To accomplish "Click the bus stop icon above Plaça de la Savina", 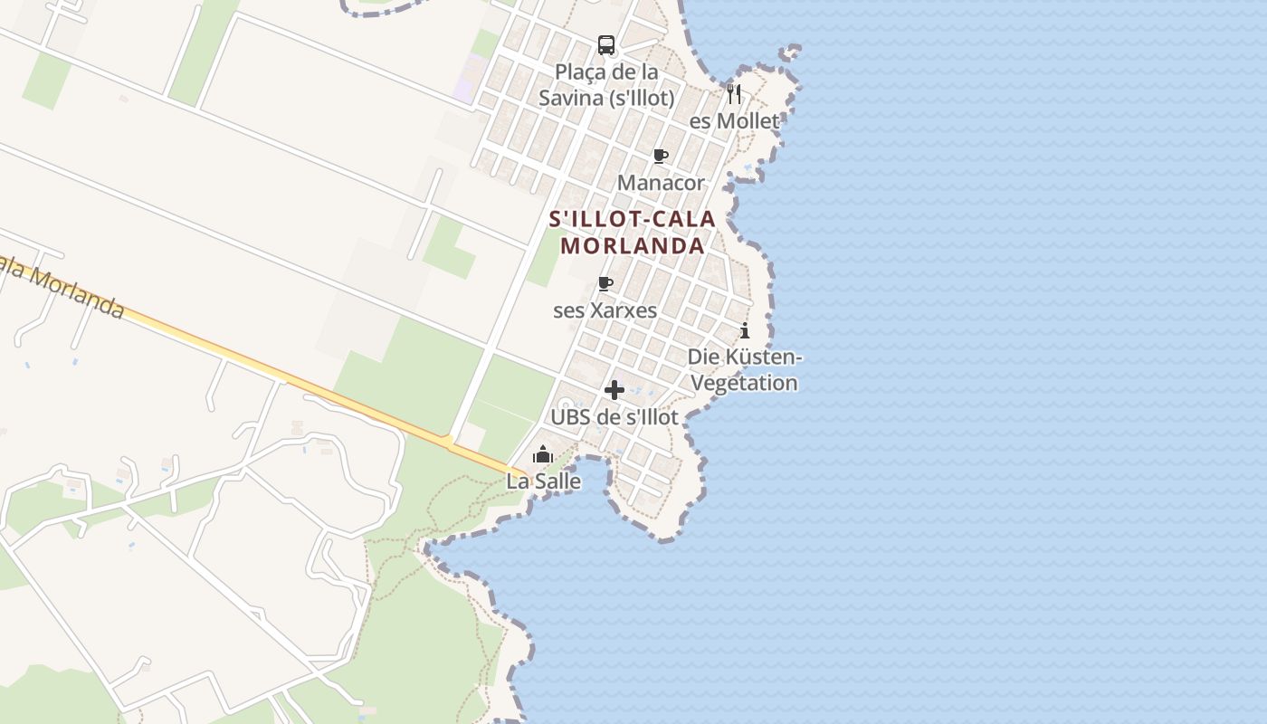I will pos(606,45).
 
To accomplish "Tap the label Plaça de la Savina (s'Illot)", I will pos(606,84).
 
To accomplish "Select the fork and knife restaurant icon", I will pos(734,93).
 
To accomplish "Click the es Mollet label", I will pos(734,121).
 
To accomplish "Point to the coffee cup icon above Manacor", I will pos(661,156).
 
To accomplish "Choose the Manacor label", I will pos(661,183).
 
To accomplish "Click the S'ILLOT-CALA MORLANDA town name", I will pos(633,233).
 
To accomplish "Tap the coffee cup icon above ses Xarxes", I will pos(605,283).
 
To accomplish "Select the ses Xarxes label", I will pos(605,310).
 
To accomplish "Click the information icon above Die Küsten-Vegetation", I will pos(745,330).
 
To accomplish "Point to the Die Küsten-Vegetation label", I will pos(745,370).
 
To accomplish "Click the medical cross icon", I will pos(614,390).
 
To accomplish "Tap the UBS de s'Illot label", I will pos(614,418).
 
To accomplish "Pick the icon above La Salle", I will pos(543,454).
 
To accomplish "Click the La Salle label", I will pos(543,481).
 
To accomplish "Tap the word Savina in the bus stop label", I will pos(569,98).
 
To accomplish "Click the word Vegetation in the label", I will pos(745,383).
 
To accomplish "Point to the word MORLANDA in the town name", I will pos(633,246).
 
